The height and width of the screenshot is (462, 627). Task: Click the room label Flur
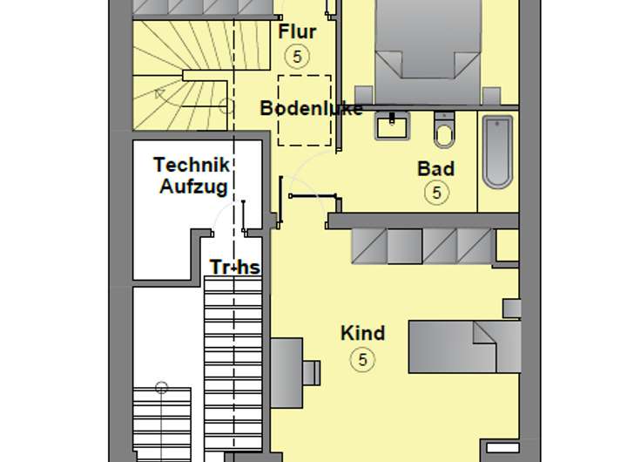pyautogui.click(x=296, y=32)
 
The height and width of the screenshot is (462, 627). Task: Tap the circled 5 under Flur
pyautogui.click(x=297, y=57)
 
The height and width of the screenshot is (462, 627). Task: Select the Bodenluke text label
pyautogui.click(x=311, y=109)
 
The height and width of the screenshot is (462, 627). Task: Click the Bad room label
pyautogui.click(x=435, y=168)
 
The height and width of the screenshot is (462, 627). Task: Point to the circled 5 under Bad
pyautogui.click(x=437, y=193)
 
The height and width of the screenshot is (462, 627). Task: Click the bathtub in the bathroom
pyautogui.click(x=498, y=151)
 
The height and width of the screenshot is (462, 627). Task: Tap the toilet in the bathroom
pyautogui.click(x=444, y=132)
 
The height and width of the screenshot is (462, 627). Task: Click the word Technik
pyautogui.click(x=192, y=164)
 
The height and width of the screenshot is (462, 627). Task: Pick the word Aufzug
pyautogui.click(x=193, y=186)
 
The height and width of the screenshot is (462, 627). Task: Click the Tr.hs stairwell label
pyautogui.click(x=234, y=267)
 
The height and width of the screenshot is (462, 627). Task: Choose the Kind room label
pyautogui.click(x=362, y=333)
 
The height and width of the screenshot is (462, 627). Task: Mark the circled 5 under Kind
pyautogui.click(x=363, y=358)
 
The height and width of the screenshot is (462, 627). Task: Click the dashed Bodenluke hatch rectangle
pyautogui.click(x=304, y=110)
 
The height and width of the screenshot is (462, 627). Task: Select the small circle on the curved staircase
pyautogui.click(x=225, y=106)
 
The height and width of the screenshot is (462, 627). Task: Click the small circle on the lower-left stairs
pyautogui.click(x=161, y=388)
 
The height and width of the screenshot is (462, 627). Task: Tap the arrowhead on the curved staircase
pyautogui.click(x=159, y=92)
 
